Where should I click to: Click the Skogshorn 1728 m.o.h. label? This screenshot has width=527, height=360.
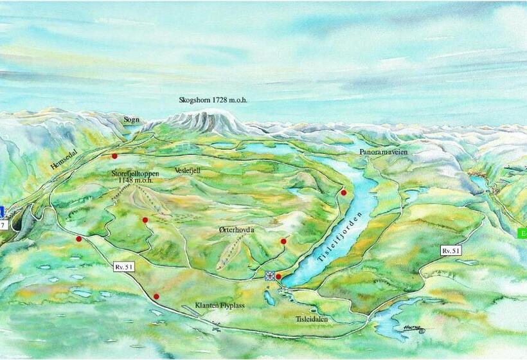coord(213,100)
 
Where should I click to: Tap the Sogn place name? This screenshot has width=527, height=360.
coord(132,120)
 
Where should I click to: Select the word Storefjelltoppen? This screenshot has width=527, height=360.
coord(138,173)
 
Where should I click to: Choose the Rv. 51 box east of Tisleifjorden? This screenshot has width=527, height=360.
coord(451,250)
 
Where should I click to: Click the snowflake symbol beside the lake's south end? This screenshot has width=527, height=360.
coord(269,276)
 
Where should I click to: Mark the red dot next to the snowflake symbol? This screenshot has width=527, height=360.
coord(278,276)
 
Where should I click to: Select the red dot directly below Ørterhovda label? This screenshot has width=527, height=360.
coord(283,241)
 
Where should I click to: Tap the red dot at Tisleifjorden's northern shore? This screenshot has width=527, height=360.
coord(344,192)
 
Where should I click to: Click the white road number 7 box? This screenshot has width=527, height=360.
coord(3,226)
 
